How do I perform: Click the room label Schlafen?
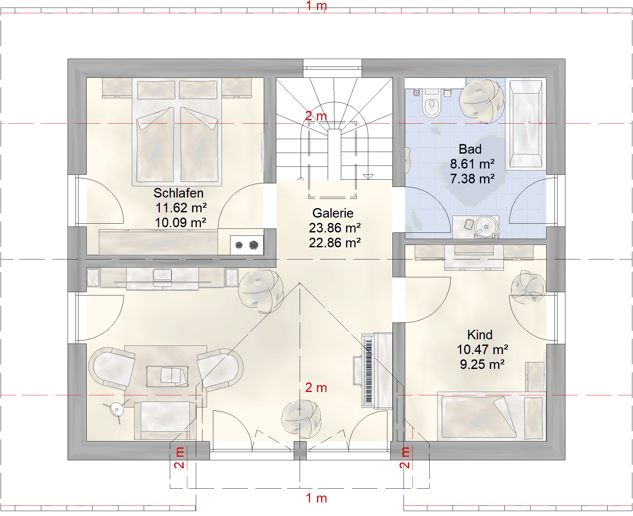pos(178,193)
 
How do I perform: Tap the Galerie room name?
pos(333,213)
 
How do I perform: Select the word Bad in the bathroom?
pos(470,149)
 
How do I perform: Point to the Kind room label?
pos(480,335)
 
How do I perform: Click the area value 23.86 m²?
pos(335,228)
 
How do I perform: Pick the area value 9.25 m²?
pos(482,364)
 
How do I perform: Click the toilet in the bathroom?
pos(432,103)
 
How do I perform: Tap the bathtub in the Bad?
pos(526,124)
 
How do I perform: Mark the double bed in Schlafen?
pos(177,132)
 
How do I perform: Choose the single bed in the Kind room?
pos(492,416)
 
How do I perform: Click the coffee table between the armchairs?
pos(167,376)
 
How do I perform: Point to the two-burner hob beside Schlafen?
pos(247,245)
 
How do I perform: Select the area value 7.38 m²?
pos(472,179)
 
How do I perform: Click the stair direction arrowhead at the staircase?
pos(368,177)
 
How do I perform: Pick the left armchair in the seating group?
pos(112,367)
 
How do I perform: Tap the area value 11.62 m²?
pos(181,208)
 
